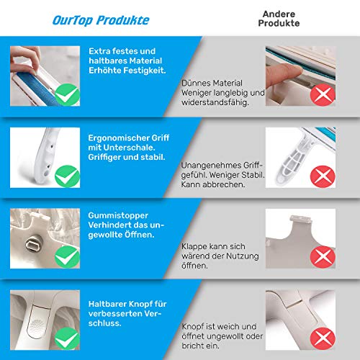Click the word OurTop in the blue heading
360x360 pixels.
pos(73,20)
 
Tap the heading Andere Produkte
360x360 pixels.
pos(279,19)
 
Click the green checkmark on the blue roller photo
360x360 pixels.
pos(67,94)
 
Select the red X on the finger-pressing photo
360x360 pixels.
pos(323,95)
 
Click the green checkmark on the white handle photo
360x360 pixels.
pos(67,176)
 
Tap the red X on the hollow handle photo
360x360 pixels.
pos(323,176)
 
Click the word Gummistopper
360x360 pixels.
pos(118,216)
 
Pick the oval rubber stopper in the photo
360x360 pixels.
pos(32,245)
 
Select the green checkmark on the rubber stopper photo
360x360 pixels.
pos(67,257)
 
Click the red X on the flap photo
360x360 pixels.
pos(323,257)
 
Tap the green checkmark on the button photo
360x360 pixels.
pos(67,338)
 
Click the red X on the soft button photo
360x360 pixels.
pos(323,338)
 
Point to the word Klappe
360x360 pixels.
pos(194,247)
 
